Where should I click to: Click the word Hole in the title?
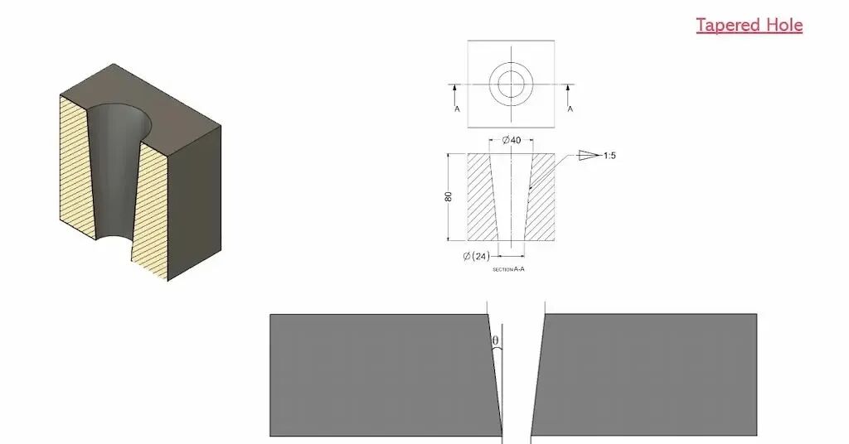(784, 25)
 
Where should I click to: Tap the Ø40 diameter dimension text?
(511, 140)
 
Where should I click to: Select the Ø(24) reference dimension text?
(477, 256)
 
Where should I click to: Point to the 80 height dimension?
(449, 197)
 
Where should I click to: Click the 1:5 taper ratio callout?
(609, 156)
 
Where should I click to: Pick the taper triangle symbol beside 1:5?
(589, 155)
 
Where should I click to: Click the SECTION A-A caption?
(508, 268)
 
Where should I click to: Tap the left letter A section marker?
(457, 109)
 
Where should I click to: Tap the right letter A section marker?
(570, 109)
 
